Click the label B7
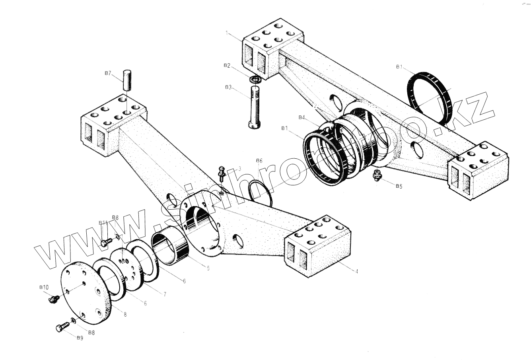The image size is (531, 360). coord(108,73)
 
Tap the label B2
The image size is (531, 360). coord(227,65)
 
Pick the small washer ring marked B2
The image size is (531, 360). coord(255,80)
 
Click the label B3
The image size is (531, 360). coord(228,87)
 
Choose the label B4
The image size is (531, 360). coord(302,117)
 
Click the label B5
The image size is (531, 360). coord(399,186)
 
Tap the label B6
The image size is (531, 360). coord(259,161)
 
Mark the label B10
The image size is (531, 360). coord(43,287)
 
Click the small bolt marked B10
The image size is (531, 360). coord(52,299)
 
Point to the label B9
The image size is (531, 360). coord(80,338)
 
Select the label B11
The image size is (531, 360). coord(103,223)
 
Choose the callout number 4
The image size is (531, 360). coord(356,271)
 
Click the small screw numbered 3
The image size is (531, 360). coord(222,173)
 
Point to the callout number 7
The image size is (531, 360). coord(164,294)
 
